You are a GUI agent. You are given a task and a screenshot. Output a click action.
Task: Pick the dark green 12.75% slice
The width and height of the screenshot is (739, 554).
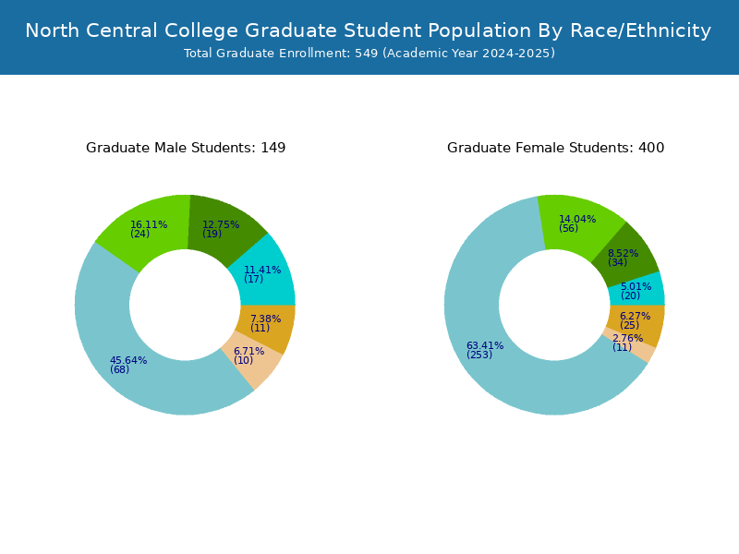click(221, 226)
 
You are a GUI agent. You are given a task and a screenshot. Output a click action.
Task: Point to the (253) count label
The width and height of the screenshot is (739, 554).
click(479, 355)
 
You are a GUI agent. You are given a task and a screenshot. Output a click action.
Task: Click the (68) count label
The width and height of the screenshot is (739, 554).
click(120, 369)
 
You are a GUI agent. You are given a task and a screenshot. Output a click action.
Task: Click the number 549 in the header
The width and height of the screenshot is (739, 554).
click(366, 54)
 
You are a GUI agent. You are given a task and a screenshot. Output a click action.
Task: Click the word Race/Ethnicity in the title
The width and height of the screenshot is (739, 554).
click(640, 31)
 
